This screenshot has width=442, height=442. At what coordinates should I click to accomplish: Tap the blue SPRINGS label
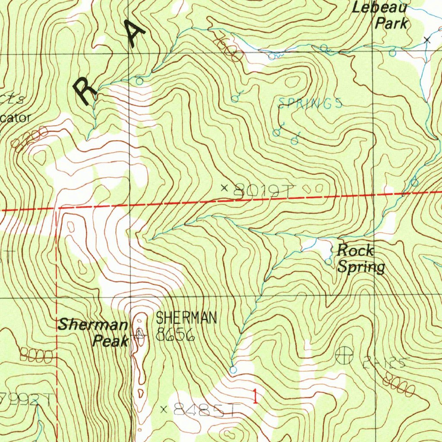tap(310, 103)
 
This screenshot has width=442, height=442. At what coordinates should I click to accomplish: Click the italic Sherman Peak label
tap(94, 332)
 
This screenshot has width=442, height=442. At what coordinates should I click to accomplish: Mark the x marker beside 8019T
tap(224, 187)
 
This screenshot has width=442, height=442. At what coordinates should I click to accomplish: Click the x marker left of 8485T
tap(164, 409)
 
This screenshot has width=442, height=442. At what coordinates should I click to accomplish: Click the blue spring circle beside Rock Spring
tap(328, 262)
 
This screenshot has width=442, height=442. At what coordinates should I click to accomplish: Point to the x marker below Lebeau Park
tap(427, 40)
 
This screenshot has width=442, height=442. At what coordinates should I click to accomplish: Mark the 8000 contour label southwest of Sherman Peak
tap(36, 357)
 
